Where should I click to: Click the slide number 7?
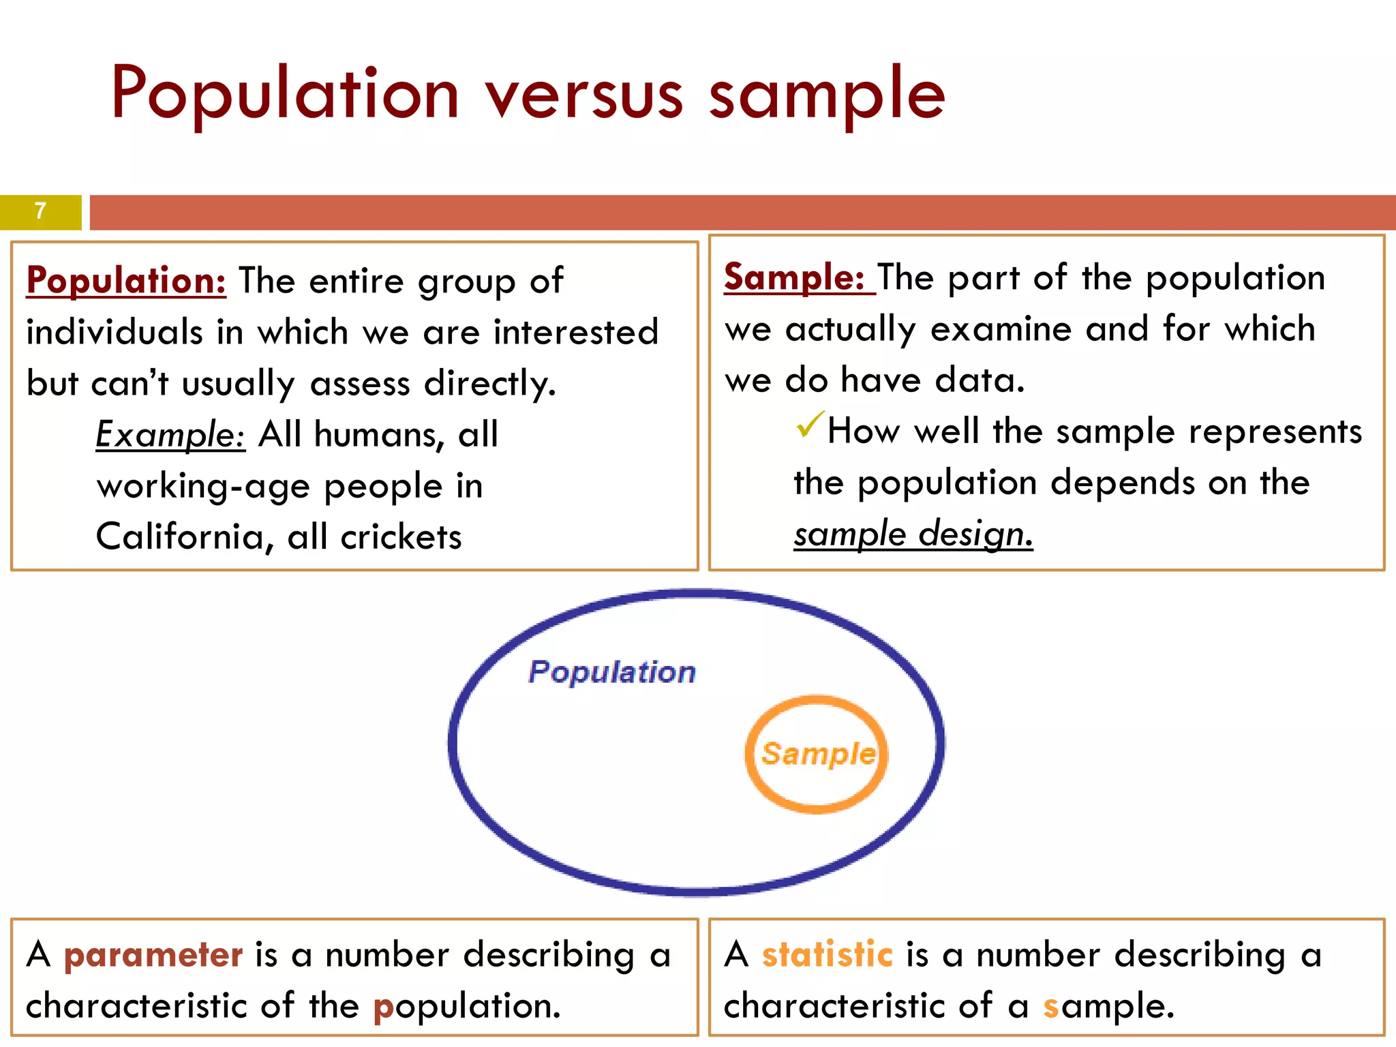pyautogui.click(x=40, y=211)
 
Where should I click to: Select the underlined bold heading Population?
pyautogui.click(x=126, y=281)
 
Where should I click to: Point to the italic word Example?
pyautogui.click(x=170, y=434)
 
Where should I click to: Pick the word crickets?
pyautogui.click(x=401, y=537)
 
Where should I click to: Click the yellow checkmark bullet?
pyautogui.click(x=809, y=425)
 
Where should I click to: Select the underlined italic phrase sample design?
pyautogui.click(x=913, y=534)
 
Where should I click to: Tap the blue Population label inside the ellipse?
pyautogui.click(x=612, y=672)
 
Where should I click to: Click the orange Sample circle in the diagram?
pyautogui.click(x=817, y=754)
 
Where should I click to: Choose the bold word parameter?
pyautogui.click(x=153, y=955)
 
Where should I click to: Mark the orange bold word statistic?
pyautogui.click(x=828, y=954)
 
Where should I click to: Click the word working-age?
pyautogui.click(x=204, y=487)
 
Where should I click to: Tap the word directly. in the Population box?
pyautogui.click(x=490, y=383)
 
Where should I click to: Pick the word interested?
pyautogui.click(x=576, y=333)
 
